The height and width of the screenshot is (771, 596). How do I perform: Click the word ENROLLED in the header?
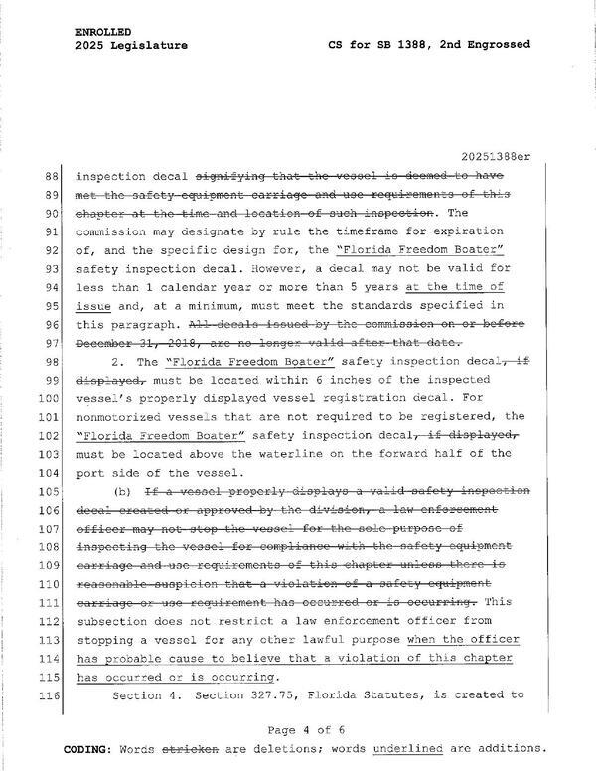[x=101, y=32]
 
